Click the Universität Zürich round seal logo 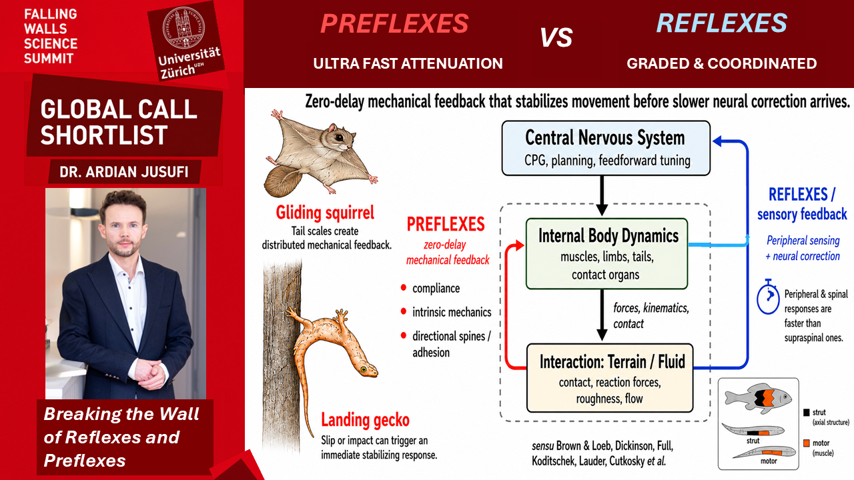(x=183, y=27)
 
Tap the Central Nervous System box (x=606, y=148)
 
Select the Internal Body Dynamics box (x=606, y=254)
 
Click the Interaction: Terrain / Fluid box (x=610, y=378)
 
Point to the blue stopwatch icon (x=768, y=298)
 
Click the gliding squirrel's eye (x=338, y=137)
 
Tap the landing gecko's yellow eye (x=364, y=369)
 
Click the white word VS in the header (x=556, y=37)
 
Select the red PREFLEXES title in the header (x=394, y=23)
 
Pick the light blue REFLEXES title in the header (x=722, y=23)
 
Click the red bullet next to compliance (x=404, y=287)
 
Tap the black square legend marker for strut (x=807, y=412)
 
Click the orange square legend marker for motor (x=807, y=443)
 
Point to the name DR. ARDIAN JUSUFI (x=124, y=172)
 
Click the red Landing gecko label (x=365, y=420)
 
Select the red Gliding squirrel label (x=325, y=213)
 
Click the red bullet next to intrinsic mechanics (x=404, y=311)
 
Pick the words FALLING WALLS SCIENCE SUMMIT (x=51, y=36)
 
